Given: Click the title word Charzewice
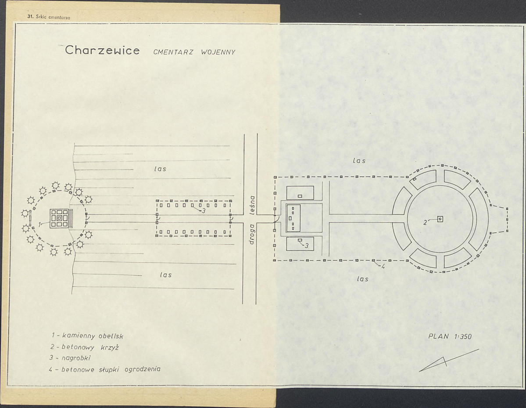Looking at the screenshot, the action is coord(102,50).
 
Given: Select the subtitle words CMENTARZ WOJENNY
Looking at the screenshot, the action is coord(194,52).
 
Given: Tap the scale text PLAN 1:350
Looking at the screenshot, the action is coord(450,336).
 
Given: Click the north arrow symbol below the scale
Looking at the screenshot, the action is coord(449,361).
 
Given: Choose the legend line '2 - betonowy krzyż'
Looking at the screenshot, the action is coord(85,347).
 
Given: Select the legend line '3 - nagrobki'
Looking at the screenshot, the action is coord(70,358).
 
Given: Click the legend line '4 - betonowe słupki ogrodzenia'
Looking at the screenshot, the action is coord(105,369).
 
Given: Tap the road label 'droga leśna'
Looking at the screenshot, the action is coord(253,220).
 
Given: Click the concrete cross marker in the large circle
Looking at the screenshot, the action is coord(440,219).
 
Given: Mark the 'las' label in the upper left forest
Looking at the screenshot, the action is coord(161,169).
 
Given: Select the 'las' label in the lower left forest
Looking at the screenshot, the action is coord(166,274).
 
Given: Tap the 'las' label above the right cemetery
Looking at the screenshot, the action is coord(359,161).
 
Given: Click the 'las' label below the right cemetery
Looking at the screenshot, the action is coord(363,279).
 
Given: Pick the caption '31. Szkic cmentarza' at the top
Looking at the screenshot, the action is coord(49,17).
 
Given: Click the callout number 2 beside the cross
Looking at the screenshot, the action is coord(425,222).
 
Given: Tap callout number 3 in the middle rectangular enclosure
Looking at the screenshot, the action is coord(203,211).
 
